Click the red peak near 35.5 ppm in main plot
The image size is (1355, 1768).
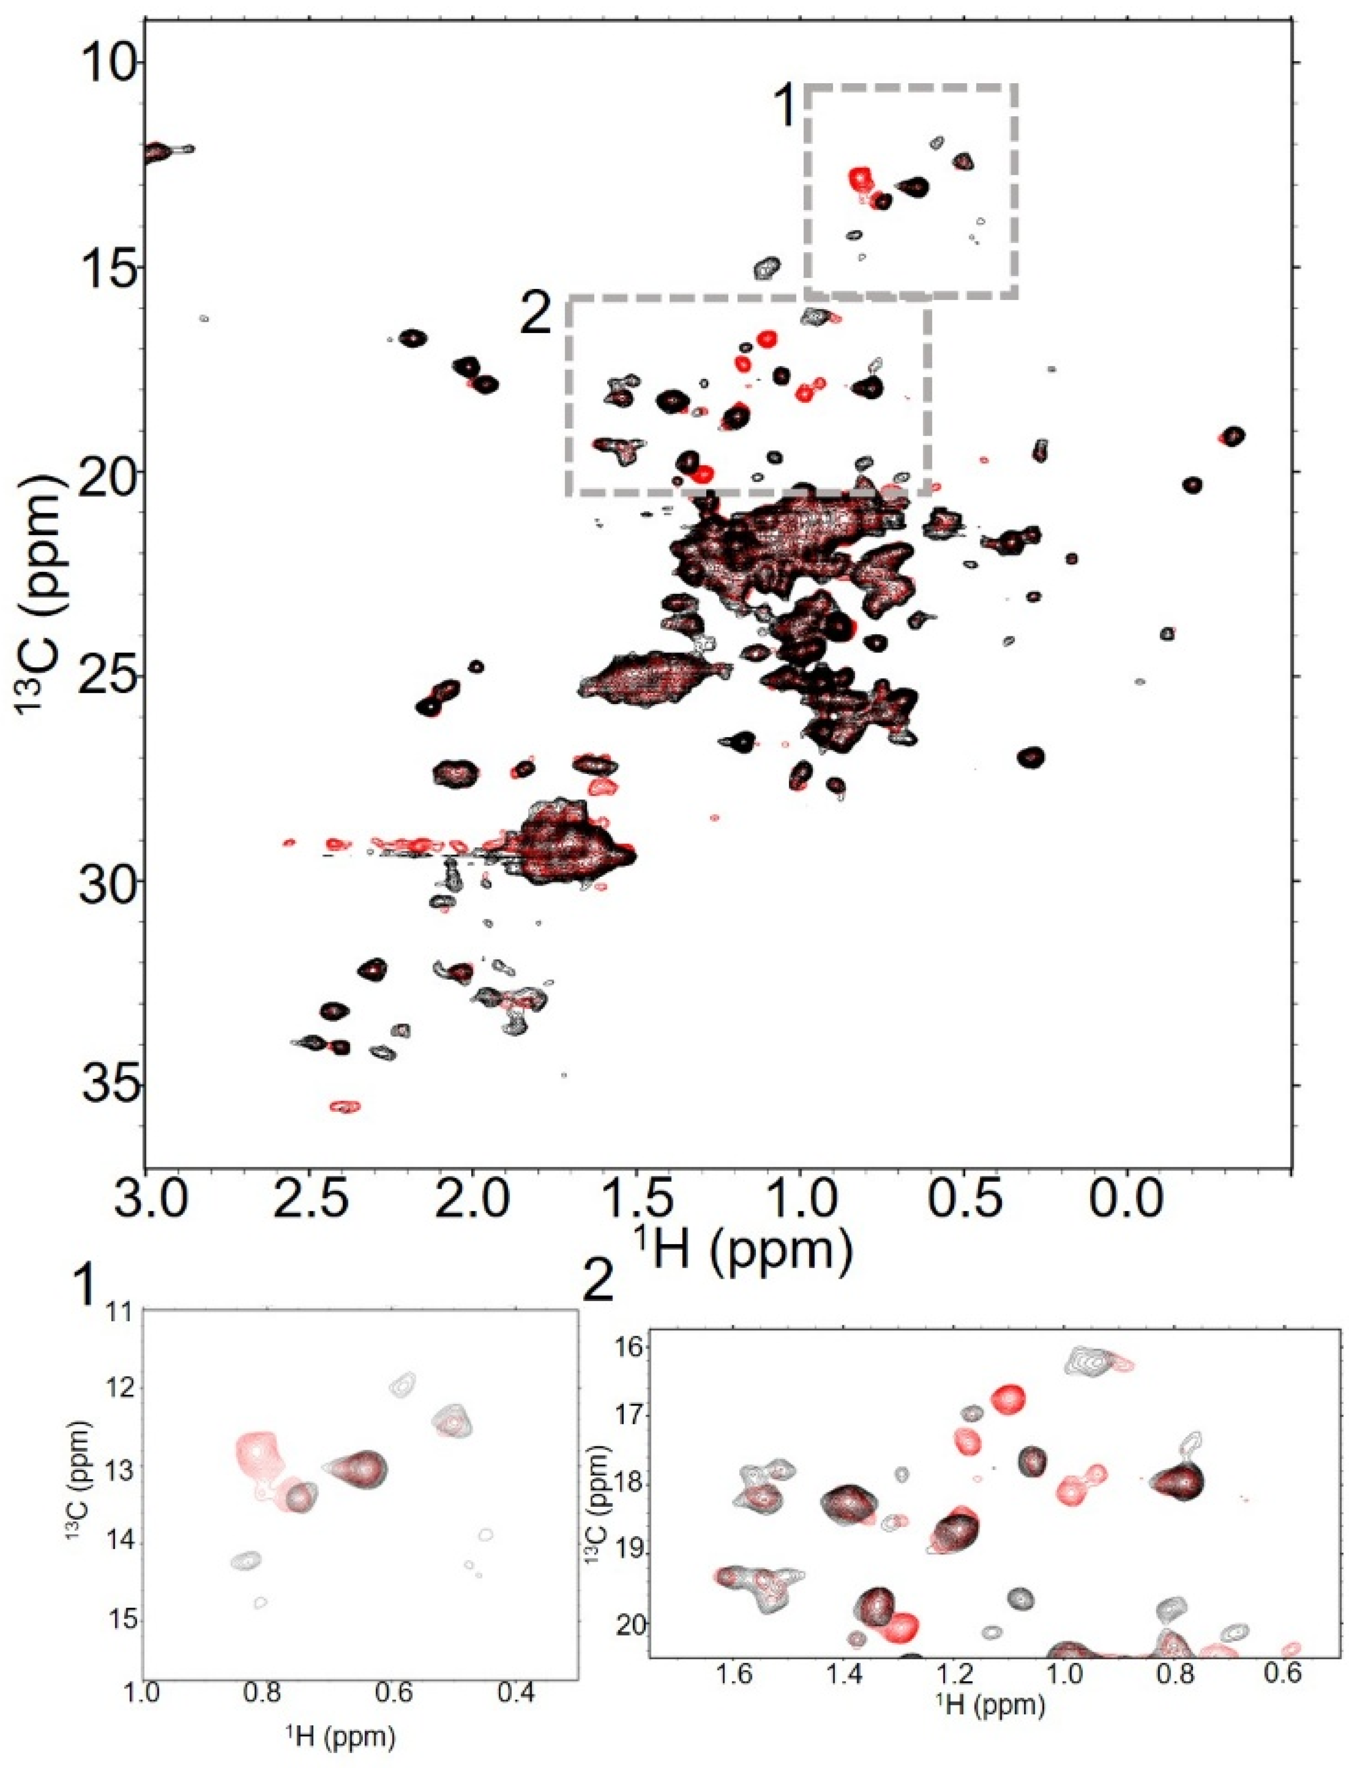point(345,1106)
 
